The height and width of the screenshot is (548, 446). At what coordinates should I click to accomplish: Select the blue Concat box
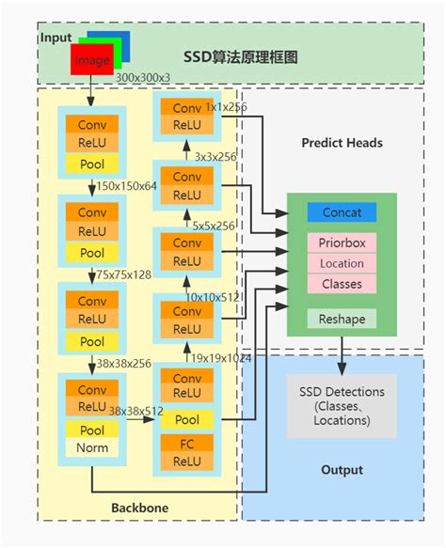(342, 212)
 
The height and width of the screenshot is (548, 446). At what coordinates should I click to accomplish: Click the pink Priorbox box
(342, 242)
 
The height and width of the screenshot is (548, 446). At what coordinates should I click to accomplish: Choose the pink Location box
(342, 263)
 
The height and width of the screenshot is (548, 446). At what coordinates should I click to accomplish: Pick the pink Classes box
(342, 283)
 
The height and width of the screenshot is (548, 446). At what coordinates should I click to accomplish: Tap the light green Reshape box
(342, 319)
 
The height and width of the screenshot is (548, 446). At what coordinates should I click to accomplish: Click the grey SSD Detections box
(342, 405)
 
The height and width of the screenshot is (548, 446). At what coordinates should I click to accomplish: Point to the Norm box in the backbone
(92, 447)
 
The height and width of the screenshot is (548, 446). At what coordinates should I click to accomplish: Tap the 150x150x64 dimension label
(127, 186)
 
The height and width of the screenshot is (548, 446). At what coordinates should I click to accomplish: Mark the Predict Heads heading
(342, 143)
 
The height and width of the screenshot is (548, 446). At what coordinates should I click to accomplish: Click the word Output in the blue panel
(342, 470)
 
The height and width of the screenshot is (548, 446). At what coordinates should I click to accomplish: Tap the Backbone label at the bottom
(139, 508)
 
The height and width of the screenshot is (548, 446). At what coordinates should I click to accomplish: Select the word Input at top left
(56, 37)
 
